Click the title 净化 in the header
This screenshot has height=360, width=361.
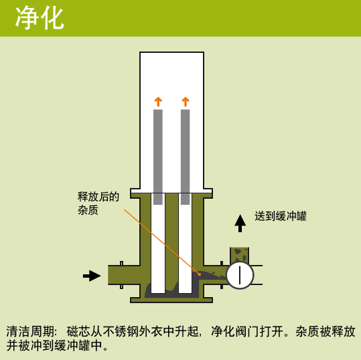click(x=40, y=17)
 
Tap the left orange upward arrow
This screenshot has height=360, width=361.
click(x=158, y=102)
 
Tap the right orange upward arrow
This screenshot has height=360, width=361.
click(x=186, y=102)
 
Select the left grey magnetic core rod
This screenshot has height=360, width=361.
click(x=158, y=157)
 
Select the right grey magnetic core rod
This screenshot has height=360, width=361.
click(x=186, y=157)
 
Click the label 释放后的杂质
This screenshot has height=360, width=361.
click(x=98, y=203)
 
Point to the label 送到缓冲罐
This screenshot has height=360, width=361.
click(x=281, y=216)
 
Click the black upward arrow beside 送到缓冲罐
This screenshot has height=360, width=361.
click(x=240, y=223)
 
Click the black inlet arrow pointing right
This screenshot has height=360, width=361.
click(x=92, y=276)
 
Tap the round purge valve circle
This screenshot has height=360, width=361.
click(x=240, y=275)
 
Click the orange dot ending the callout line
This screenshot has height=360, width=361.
click(x=200, y=274)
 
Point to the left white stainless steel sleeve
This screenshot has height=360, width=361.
click(x=158, y=243)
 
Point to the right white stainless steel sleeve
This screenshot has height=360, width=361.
click(x=186, y=243)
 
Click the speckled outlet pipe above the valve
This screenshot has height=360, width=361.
click(x=240, y=255)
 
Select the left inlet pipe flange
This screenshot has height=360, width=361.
click(x=122, y=275)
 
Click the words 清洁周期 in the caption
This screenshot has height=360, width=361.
click(x=30, y=331)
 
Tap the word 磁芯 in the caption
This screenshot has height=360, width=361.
click(x=78, y=331)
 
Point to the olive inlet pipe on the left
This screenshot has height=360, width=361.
click(x=124, y=275)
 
